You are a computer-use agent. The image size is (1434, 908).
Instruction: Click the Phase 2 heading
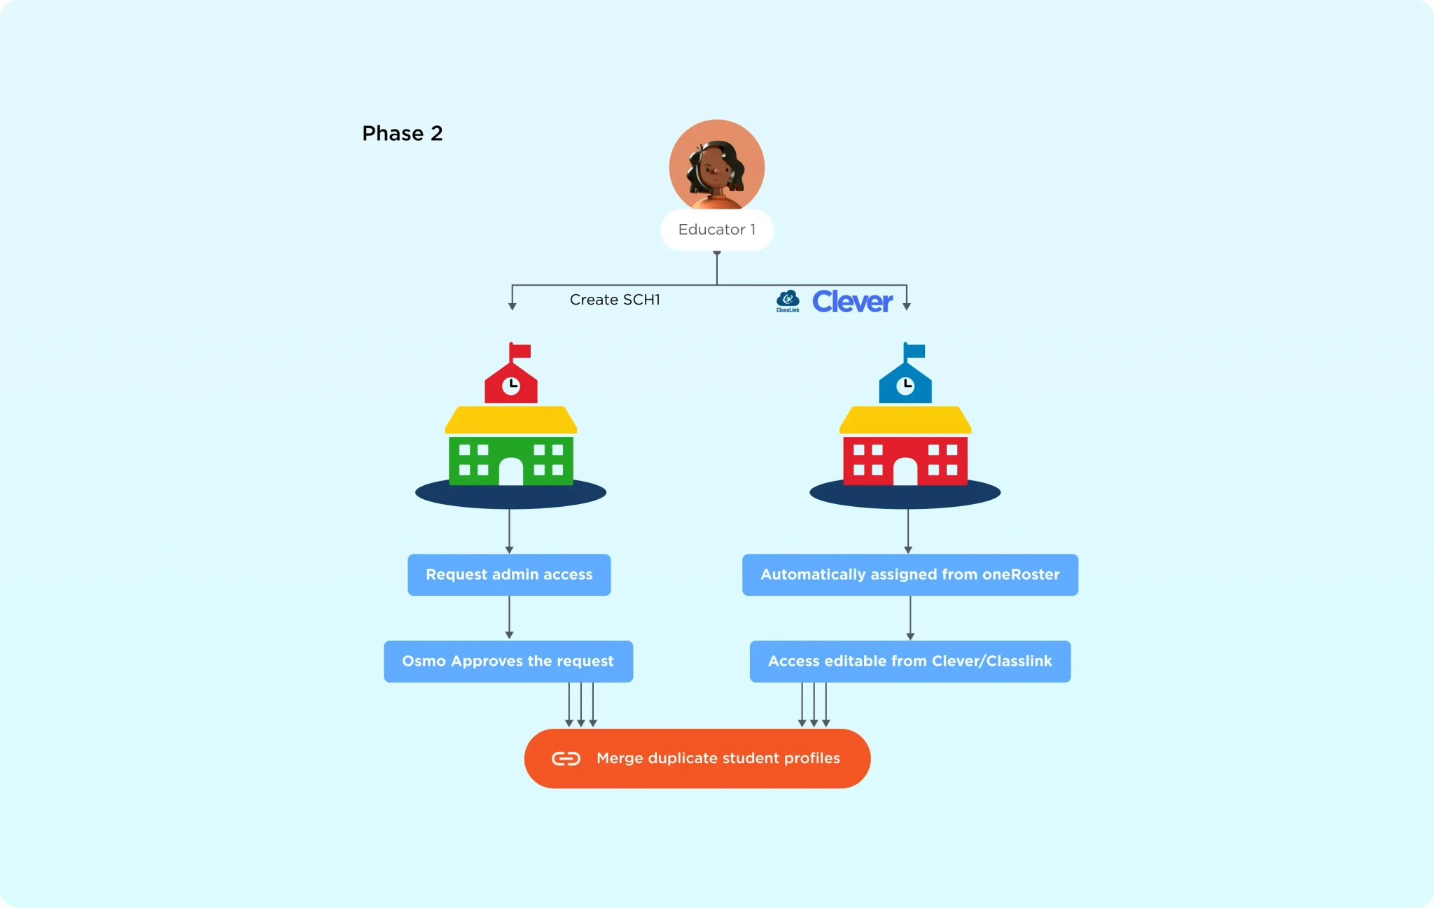pos(403,133)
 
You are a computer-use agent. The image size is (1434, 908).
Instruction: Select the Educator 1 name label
pos(717,230)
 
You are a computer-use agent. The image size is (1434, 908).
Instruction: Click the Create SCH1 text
pos(615,300)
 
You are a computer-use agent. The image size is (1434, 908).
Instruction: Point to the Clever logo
pos(852,302)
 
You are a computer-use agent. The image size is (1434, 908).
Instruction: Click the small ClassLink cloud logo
pos(788,301)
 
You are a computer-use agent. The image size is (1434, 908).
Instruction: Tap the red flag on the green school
pos(520,351)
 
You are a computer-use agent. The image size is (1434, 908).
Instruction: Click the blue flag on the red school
pos(914,351)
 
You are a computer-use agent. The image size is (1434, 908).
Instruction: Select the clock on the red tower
pos(511,385)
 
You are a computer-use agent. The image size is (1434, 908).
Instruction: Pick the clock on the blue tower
pos(905,385)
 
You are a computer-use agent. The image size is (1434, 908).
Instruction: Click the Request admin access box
pos(509,575)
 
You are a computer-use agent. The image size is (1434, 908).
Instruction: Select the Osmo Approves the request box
pos(508,662)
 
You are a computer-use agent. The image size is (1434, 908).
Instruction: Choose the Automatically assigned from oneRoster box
pos(910,575)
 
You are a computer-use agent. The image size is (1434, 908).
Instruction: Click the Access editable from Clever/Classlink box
pos(910,662)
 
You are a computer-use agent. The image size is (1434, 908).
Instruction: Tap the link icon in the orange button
pos(566,759)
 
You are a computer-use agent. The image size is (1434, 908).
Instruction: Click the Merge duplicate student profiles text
pos(718,758)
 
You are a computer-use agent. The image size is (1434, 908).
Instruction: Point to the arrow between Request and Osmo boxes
pos(509,617)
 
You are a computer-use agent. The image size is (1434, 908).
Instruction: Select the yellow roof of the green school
pos(511,420)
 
